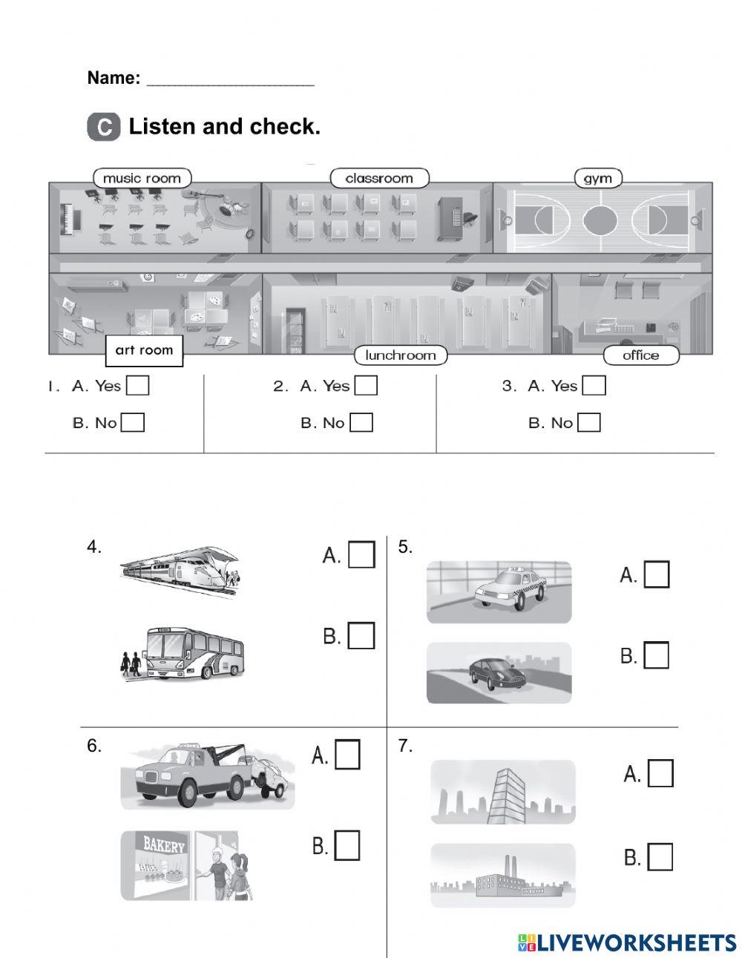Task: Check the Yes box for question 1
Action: point(137,386)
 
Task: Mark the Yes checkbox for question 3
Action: point(594,386)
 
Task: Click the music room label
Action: point(142,178)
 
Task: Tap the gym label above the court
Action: point(597,178)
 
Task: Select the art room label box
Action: point(144,350)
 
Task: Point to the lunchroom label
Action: point(400,355)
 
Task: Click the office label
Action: point(640,355)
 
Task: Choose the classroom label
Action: point(379,178)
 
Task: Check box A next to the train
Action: point(361,555)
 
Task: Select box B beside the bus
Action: point(361,636)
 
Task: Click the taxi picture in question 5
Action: point(499,591)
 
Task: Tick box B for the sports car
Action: point(656,655)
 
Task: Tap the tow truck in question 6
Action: point(207,776)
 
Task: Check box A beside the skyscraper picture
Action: point(660,774)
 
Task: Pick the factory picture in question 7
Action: point(502,875)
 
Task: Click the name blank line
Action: point(230,79)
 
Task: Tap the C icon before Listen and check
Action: point(103,127)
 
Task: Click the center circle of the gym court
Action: point(600,220)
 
